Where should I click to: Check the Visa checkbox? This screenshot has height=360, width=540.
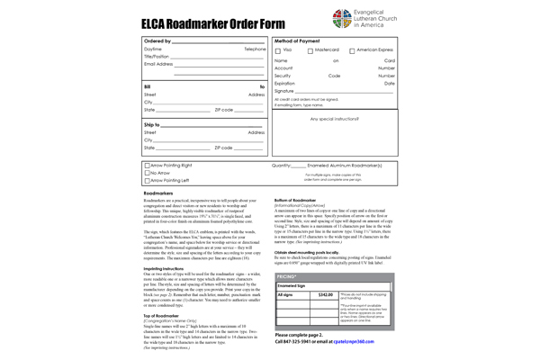(x=278, y=50)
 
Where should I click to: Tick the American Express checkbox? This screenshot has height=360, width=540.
(x=352, y=50)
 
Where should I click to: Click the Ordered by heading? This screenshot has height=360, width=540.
(x=157, y=40)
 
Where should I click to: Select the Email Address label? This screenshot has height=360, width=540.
(x=158, y=64)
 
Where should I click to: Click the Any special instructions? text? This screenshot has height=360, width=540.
(x=334, y=118)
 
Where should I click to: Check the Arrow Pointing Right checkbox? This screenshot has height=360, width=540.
(x=147, y=166)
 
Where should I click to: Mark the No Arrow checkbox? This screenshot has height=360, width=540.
(x=147, y=173)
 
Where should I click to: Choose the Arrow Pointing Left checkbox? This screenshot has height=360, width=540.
(x=147, y=181)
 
